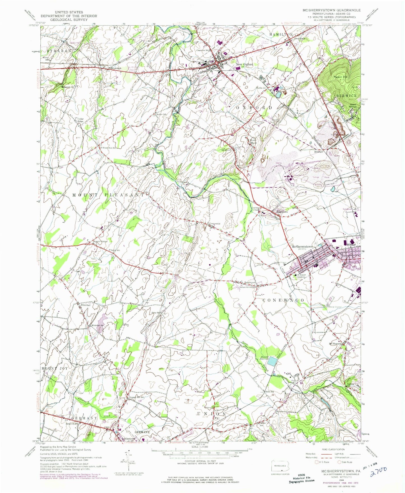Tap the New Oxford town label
click(244, 64)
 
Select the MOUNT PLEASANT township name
click(109, 195)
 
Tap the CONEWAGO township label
click(284, 300)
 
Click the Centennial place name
click(215, 224)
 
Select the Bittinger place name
click(318, 152)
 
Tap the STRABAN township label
click(59, 51)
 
